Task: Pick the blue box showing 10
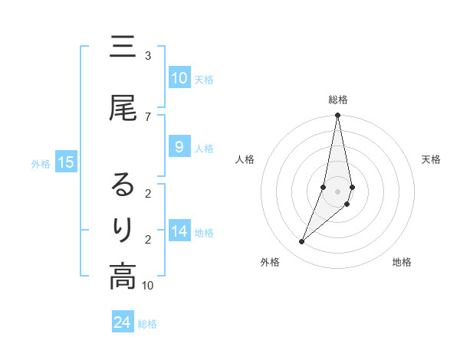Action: point(179,78)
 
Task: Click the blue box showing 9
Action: point(179,147)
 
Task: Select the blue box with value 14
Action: point(179,232)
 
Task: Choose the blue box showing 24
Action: point(123,322)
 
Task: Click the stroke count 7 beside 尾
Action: point(147,116)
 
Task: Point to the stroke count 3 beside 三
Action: point(147,56)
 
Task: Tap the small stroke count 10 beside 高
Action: point(147,285)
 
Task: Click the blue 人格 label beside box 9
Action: point(204,148)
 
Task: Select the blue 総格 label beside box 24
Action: point(147,324)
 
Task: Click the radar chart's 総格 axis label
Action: point(338,100)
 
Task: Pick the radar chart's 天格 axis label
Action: point(432,159)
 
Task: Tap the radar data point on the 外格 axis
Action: point(301,241)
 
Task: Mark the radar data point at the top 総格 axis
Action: point(338,116)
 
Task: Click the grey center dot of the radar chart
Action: point(338,191)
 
